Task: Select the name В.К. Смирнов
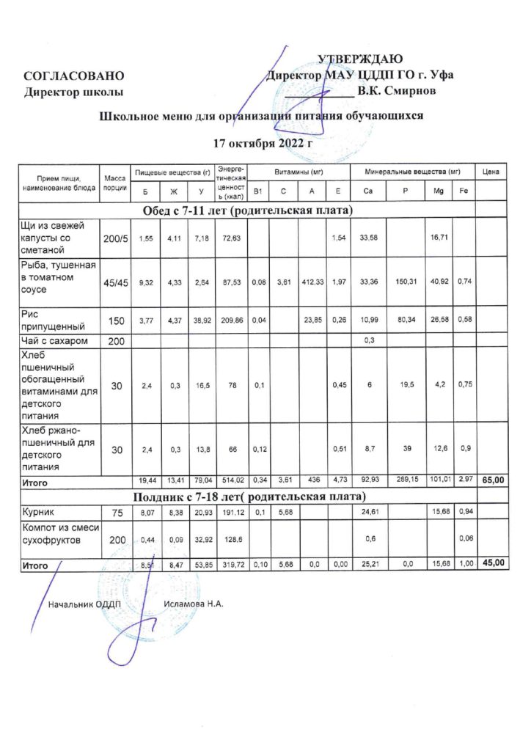[396, 91]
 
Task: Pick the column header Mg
[439, 191]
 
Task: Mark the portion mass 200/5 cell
[115, 240]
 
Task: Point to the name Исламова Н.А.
[194, 605]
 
